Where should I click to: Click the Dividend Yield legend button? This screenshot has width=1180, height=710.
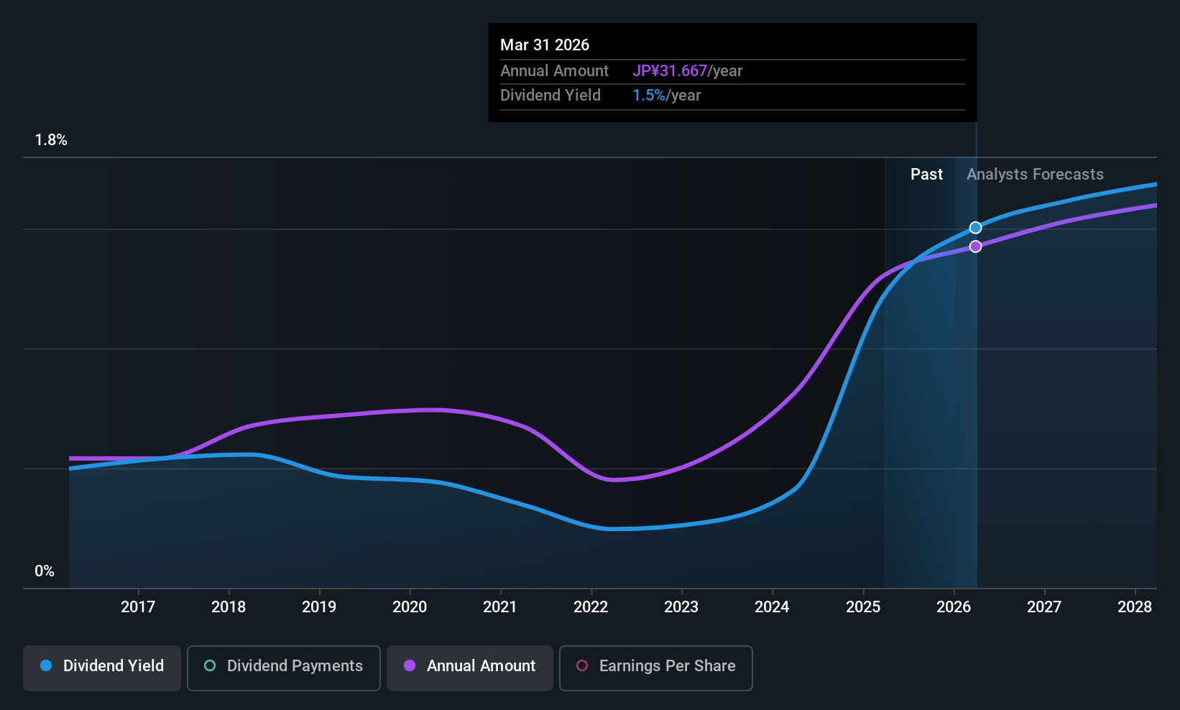click(x=101, y=668)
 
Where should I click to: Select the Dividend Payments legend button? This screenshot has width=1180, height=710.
click(x=283, y=668)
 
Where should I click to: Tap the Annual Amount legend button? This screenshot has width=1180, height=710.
click(x=470, y=668)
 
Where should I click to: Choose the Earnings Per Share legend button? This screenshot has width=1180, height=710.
click(x=656, y=668)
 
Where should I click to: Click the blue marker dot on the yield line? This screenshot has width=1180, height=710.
click(x=975, y=228)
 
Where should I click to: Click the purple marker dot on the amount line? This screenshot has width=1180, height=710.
click(x=975, y=246)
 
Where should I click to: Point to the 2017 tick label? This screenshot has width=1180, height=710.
click(x=138, y=607)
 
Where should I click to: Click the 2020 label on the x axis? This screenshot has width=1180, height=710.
click(x=410, y=607)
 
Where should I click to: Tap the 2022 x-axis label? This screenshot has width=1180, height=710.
click(x=591, y=607)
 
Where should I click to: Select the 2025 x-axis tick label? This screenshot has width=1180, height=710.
click(x=863, y=607)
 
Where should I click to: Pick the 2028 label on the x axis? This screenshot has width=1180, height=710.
click(x=1135, y=607)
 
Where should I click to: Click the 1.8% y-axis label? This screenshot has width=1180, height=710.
click(x=51, y=140)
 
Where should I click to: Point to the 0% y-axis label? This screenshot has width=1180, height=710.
click(x=45, y=571)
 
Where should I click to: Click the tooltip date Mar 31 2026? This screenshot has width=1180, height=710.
click(x=545, y=45)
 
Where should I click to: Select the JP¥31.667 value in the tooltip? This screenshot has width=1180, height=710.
click(x=670, y=71)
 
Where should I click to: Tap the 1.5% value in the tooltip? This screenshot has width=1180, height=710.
click(x=648, y=96)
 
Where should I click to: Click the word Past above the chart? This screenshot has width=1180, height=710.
click(x=926, y=175)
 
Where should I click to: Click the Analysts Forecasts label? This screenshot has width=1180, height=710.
click(x=1035, y=175)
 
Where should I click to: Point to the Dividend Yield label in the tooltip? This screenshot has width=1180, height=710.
click(x=550, y=96)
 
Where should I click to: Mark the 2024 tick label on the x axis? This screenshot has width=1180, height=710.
click(x=773, y=607)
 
